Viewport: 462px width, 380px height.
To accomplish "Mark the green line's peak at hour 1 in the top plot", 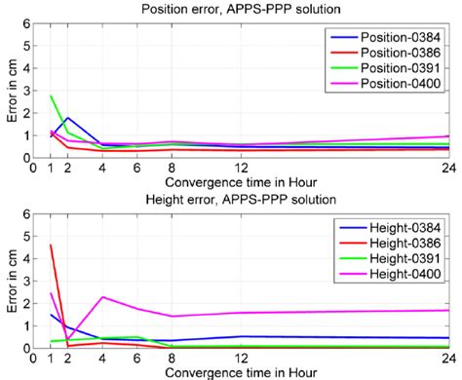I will tap(52, 95).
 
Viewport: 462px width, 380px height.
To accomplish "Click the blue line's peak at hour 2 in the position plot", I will tap(69, 118).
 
